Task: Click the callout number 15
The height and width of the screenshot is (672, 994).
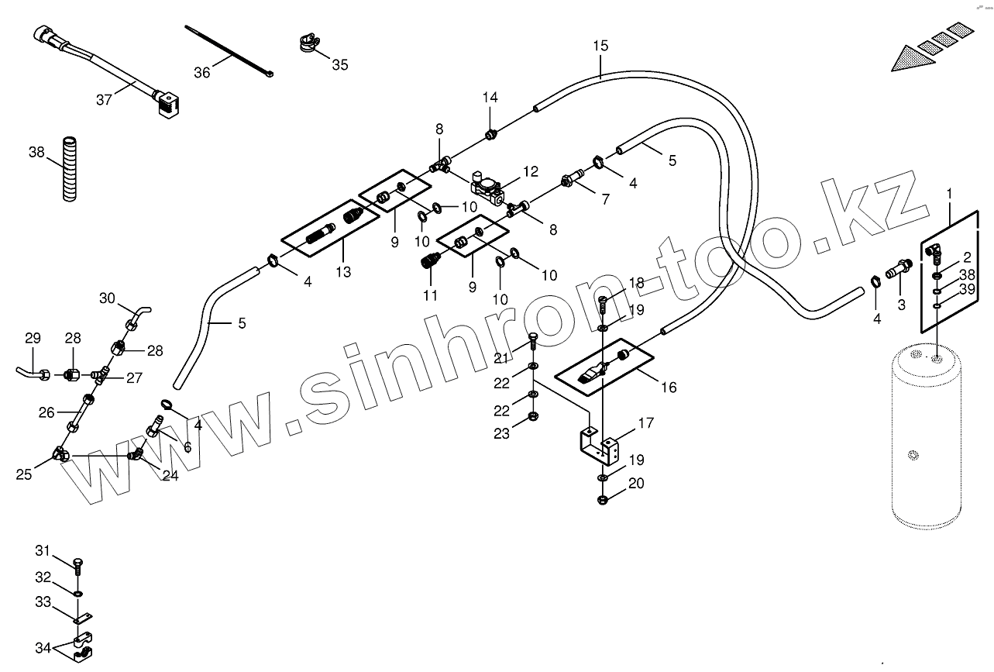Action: pyautogui.click(x=600, y=46)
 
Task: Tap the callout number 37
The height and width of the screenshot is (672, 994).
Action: pyautogui.click(x=105, y=99)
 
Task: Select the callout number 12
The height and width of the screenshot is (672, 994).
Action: pyautogui.click(x=530, y=171)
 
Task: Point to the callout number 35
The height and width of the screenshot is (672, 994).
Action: pyautogui.click(x=340, y=64)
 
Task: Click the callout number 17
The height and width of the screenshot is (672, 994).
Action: pyautogui.click(x=645, y=423)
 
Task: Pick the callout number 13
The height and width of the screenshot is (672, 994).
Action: pyautogui.click(x=343, y=272)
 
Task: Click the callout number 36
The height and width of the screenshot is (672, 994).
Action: pyautogui.click(x=201, y=72)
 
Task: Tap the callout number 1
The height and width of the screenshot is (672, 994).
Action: pyautogui.click(x=951, y=191)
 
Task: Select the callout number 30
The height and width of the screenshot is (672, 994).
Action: pyautogui.click(x=107, y=298)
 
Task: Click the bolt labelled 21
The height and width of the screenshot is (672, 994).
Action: pyautogui.click(x=531, y=340)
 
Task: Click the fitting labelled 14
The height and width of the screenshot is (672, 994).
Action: pyautogui.click(x=490, y=136)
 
